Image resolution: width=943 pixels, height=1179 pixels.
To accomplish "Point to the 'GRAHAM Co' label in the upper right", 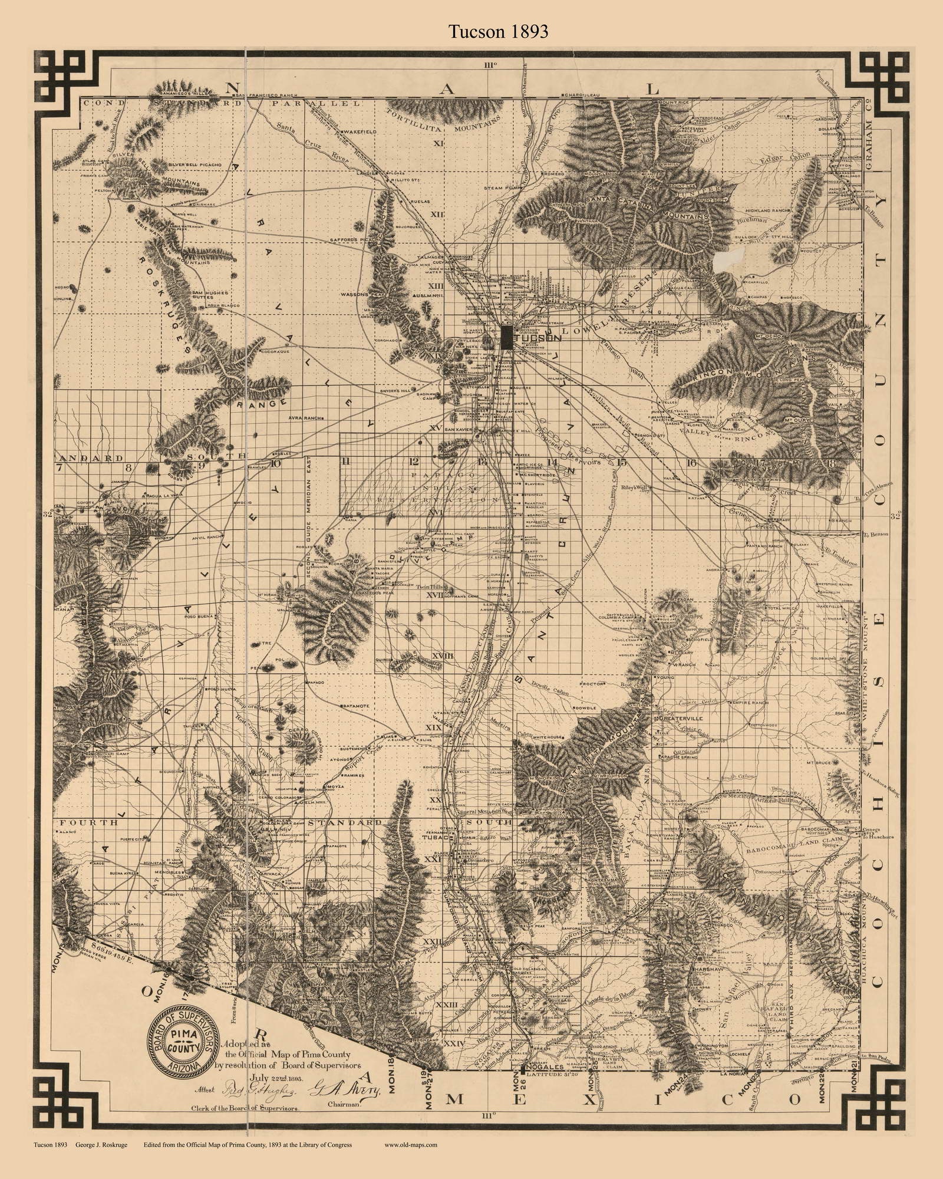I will (869, 141).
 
